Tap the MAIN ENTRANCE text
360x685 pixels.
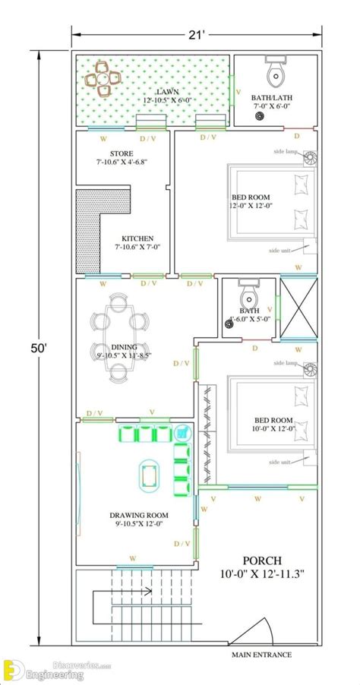261,654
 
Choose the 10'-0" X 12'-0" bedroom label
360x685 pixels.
272,425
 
